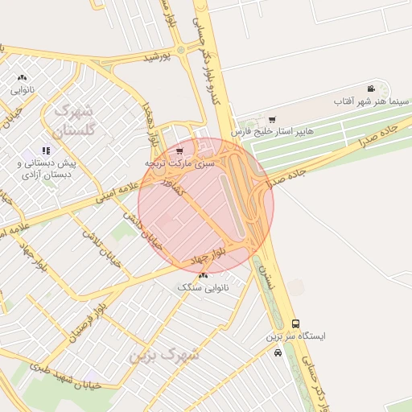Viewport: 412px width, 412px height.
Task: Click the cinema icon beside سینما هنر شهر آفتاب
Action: point(370,89)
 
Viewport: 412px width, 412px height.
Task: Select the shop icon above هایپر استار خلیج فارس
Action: point(271,118)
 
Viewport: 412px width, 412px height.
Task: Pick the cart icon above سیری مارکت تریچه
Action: point(179,150)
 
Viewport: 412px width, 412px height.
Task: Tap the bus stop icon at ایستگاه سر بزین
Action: point(296,323)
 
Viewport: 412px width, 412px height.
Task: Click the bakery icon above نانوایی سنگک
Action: point(202,275)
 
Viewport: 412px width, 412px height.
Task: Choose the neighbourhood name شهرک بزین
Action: point(169,354)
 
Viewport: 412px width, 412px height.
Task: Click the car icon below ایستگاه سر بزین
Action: point(278,352)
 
